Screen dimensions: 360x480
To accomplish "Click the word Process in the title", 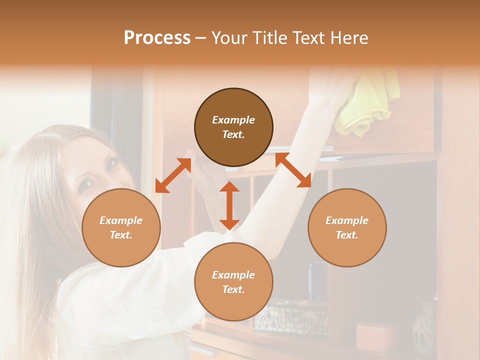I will [x=157, y=38].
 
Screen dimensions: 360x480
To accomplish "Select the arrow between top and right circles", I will [x=293, y=170].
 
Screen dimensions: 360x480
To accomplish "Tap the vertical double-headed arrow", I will [x=229, y=205].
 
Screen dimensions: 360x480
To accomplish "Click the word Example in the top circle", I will [x=233, y=120].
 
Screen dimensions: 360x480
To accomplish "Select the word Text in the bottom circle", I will [x=233, y=289].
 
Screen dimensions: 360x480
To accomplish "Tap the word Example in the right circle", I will [x=347, y=220].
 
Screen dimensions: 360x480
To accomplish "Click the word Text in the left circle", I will [x=121, y=235].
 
